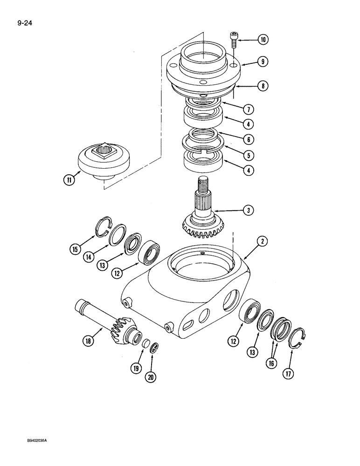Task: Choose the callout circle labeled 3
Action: point(249,211)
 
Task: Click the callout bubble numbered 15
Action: point(75,250)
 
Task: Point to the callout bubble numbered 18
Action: point(87,341)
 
